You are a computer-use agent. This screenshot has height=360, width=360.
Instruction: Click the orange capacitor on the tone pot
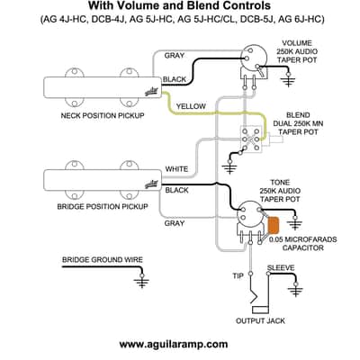coord(274,225)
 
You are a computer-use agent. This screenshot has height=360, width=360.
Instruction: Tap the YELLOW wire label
coord(191,106)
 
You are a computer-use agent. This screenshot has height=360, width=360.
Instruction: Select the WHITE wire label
coord(176,169)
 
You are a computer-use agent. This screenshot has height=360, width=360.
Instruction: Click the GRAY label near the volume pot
coord(175,56)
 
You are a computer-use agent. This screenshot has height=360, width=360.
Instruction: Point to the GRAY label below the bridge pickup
coord(175,223)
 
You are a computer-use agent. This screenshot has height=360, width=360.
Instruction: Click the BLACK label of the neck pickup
coord(175,79)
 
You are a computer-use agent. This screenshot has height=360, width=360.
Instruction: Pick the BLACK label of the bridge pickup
coord(176,190)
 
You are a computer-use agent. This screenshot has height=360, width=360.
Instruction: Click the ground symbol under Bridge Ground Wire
coord(142,282)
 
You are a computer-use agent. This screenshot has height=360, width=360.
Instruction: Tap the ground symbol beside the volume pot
coord(288,79)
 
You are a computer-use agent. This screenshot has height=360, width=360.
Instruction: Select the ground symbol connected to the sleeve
coord(295,289)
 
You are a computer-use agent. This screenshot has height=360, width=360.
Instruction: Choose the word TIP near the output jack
coord(238,275)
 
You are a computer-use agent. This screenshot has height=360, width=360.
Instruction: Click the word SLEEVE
coord(281,267)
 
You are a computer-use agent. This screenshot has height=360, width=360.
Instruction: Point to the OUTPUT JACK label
coord(260,320)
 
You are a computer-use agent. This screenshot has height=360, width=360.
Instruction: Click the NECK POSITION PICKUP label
coord(103,115)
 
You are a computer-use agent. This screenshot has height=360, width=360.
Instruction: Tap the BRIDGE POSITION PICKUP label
coord(103,206)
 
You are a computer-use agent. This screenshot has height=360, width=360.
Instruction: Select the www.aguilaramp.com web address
coord(174,344)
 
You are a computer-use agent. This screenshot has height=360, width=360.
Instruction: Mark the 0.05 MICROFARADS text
coord(302,239)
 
